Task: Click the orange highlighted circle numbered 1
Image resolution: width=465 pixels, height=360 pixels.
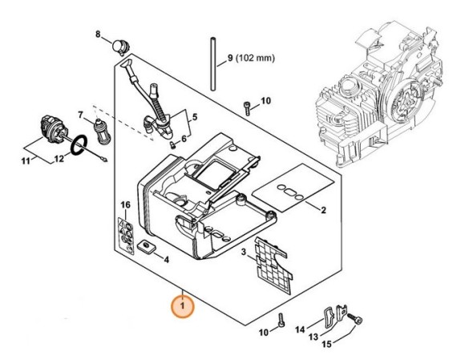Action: pyautogui.click(x=182, y=305)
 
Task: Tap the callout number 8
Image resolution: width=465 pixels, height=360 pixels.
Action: pyautogui.click(x=98, y=34)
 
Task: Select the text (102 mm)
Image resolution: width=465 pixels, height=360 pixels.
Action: pyautogui.click(x=255, y=58)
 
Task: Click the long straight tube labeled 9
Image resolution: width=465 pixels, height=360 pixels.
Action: pyautogui.click(x=212, y=64)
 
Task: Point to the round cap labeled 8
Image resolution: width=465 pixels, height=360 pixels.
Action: pyautogui.click(x=121, y=47)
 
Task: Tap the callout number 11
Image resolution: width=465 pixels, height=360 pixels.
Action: pyautogui.click(x=26, y=161)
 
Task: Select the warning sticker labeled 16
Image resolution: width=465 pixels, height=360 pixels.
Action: pyautogui.click(x=126, y=236)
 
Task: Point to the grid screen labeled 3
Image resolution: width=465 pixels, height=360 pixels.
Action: pyautogui.click(x=273, y=265)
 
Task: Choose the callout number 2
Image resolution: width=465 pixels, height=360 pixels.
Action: pyautogui.click(x=323, y=210)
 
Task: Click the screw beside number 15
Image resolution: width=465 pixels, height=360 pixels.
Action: pyautogui.click(x=355, y=320)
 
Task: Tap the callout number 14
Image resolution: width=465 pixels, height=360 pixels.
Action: pyautogui.click(x=300, y=330)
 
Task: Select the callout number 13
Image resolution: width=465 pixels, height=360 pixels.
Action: pyautogui.click(x=313, y=337)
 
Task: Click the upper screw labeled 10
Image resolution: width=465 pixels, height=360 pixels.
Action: pyautogui.click(x=247, y=108)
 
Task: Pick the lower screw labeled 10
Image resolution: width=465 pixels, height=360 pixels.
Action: pyautogui.click(x=281, y=320)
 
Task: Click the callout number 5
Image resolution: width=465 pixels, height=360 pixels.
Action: pyautogui.click(x=194, y=116)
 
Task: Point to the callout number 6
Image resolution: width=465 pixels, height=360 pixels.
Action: pyautogui.click(x=184, y=139)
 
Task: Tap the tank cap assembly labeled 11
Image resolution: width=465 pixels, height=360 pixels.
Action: pyautogui.click(x=53, y=128)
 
